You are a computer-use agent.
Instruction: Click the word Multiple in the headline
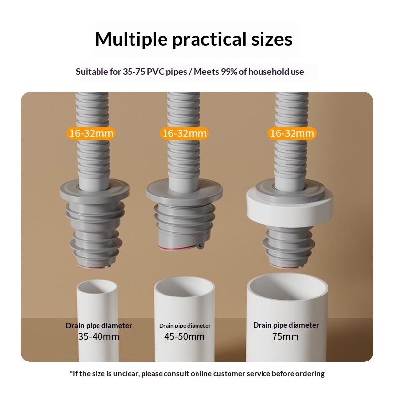click(x=131, y=39)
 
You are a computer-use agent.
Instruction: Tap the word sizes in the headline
click(x=272, y=39)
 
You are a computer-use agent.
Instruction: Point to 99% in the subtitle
click(x=229, y=72)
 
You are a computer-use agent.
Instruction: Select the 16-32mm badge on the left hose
click(x=91, y=133)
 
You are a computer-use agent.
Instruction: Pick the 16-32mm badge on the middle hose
click(x=184, y=133)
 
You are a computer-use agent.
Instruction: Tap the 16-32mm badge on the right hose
click(x=292, y=133)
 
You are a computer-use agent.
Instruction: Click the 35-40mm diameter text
click(x=99, y=336)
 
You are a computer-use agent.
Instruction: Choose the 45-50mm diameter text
click(x=185, y=336)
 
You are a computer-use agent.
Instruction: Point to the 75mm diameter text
click(x=286, y=336)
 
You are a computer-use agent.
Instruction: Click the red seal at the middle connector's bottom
click(x=178, y=248)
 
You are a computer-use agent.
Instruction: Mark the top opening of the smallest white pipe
click(x=97, y=286)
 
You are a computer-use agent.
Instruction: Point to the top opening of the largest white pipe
click(x=288, y=285)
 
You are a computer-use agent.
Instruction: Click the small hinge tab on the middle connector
click(x=200, y=246)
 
